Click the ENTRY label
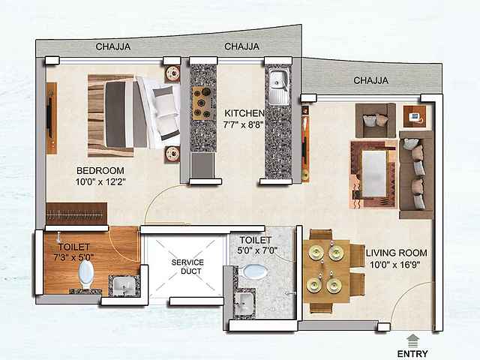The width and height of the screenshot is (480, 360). pos(413,354)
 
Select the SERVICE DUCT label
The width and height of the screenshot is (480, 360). pos(187,267)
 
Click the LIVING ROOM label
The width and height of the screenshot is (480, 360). pos(397,253)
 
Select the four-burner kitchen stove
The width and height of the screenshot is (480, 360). pos(203,103)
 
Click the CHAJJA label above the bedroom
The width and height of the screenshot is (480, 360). pos(113,46)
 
